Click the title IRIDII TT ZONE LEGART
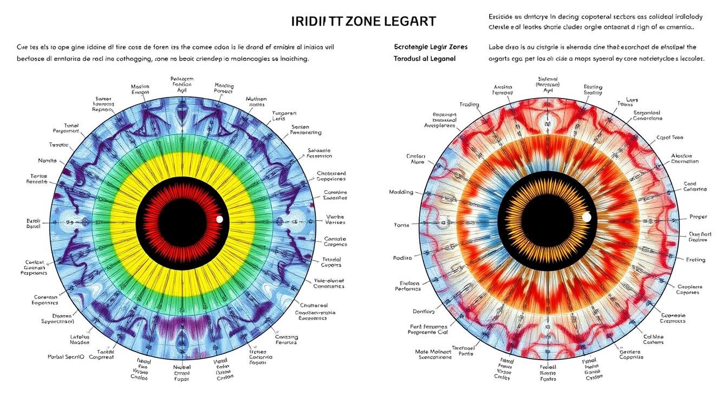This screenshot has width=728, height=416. click(363, 22)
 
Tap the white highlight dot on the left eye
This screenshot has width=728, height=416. click(219, 219)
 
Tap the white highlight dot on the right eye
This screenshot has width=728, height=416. click(586, 217)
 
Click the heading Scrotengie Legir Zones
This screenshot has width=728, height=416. click(431, 47)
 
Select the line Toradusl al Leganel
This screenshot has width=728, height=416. click(425, 58)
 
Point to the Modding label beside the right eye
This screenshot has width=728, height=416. click(401, 192)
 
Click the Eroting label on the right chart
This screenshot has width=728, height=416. click(695, 260)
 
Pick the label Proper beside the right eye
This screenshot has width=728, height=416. click(698, 217)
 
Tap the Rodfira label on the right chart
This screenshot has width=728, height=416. click(402, 258)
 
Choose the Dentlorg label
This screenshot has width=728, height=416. click(424, 311)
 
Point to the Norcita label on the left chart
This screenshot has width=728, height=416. click(47, 161)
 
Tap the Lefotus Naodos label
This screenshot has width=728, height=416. click(80, 340)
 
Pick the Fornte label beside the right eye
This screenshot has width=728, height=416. click(402, 225)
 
